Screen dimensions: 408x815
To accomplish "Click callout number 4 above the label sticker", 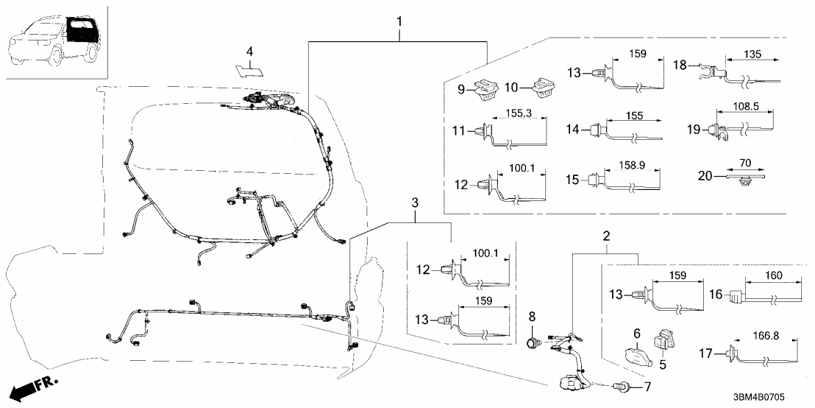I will [x=250, y=52].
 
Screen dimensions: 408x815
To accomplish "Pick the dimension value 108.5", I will [x=746, y=106].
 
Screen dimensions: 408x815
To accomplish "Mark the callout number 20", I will [x=706, y=176].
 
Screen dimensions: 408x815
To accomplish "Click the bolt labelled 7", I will [x=622, y=386].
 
